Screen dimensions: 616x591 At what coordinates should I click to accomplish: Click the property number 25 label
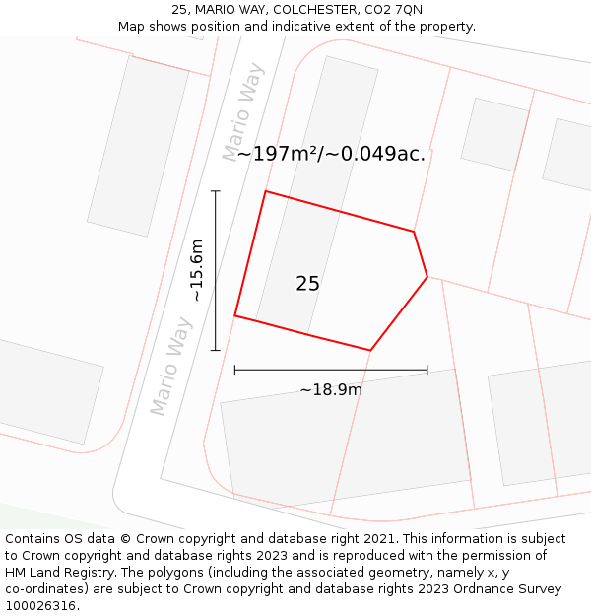click(307, 284)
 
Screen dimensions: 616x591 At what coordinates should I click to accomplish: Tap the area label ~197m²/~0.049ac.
click(331, 154)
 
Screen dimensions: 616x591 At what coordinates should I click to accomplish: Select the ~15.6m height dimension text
click(197, 270)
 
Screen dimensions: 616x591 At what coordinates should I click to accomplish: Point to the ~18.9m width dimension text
click(331, 389)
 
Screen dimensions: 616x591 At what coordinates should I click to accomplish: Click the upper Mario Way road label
click(243, 112)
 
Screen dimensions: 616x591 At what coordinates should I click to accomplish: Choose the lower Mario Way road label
click(171, 366)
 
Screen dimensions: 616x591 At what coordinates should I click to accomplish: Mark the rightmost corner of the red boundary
click(427, 277)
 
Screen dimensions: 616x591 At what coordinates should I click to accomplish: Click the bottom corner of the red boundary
click(370, 350)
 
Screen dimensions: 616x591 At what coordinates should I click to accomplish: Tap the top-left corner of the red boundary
click(266, 191)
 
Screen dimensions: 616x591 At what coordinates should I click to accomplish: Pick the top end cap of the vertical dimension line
click(216, 191)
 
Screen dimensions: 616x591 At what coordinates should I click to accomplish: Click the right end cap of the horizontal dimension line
click(427, 370)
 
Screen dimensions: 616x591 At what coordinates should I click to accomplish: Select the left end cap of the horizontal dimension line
click(234, 370)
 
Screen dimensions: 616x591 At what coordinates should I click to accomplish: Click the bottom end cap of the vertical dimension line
click(216, 350)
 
